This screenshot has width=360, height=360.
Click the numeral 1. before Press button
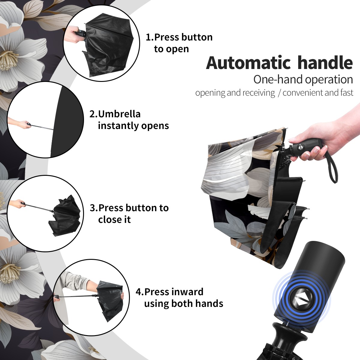(149, 37)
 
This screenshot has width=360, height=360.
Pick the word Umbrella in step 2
(119, 114)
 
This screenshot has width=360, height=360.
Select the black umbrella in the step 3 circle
(64, 216)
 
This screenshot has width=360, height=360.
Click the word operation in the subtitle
(329, 80)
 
